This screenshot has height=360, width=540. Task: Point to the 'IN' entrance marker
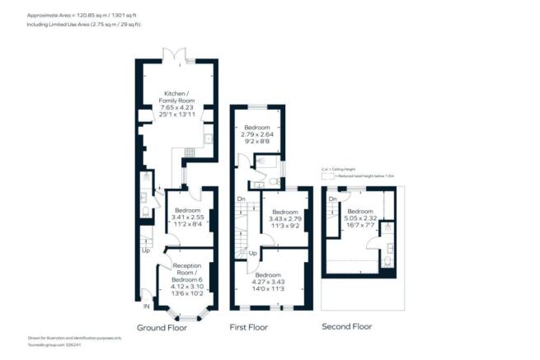147,307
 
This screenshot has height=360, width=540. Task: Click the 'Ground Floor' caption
162,327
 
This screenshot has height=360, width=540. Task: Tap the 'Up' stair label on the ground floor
147,250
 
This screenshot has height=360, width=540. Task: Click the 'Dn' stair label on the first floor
242,199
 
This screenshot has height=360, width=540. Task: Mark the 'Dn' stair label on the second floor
332,200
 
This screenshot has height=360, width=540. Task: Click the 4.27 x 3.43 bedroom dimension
277,282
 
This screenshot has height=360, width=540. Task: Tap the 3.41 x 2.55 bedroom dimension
190,217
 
